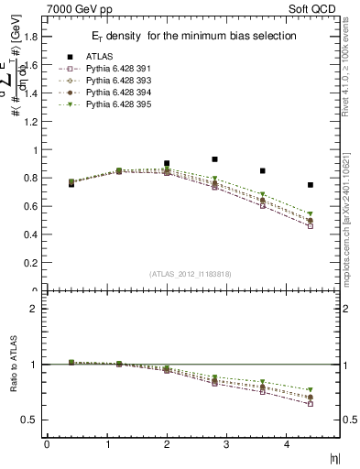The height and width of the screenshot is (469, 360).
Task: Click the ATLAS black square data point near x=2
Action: (167, 163)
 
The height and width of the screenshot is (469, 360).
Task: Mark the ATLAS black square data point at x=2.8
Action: (214, 158)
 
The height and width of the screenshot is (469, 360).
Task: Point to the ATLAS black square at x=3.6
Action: (263, 170)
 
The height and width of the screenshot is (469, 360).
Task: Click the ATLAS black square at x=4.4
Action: (311, 185)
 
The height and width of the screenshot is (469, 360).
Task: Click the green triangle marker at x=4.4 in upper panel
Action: (311, 213)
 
